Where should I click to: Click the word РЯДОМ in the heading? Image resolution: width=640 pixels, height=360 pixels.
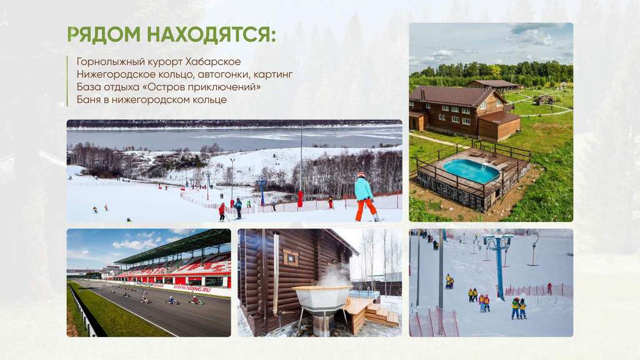104,34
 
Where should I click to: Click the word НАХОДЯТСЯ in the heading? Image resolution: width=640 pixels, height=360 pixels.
211,35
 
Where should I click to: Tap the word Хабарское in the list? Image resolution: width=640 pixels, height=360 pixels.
213,62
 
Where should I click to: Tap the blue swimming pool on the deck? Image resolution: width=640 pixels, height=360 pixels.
471,171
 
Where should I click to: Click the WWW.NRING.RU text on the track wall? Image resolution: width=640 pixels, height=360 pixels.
192,288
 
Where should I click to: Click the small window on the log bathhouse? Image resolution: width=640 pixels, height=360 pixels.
291,258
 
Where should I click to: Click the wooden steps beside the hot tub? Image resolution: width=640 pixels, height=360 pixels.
382,315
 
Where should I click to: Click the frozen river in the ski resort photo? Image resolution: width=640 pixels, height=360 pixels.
234,137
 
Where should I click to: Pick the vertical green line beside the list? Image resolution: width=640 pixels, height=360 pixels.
67,81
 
